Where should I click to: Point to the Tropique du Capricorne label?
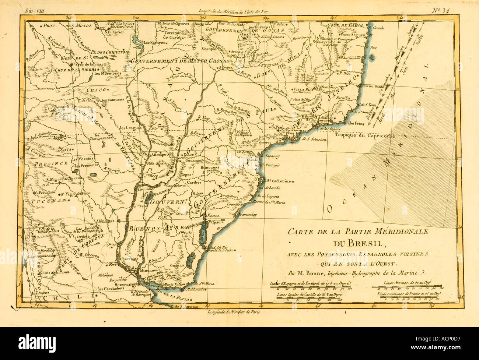tap(365, 135)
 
